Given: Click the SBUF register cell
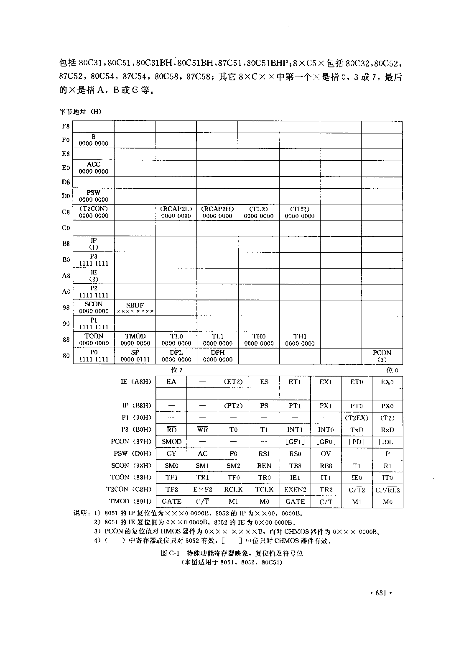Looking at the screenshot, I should click(135, 308).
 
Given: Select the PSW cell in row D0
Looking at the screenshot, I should click(94, 196).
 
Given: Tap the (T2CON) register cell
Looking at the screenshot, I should click(94, 212).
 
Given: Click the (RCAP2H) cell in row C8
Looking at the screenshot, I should click(217, 212).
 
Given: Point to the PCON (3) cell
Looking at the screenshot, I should click(382, 356).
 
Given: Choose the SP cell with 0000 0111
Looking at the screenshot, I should click(135, 356).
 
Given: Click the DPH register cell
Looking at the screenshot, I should click(217, 356).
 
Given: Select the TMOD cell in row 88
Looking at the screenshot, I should click(135, 340).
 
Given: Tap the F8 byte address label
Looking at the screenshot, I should click(66, 126).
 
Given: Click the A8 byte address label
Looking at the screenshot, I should click(66, 276).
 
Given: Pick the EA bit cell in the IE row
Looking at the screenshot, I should click(171, 382).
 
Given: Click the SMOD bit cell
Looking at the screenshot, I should click(171, 442).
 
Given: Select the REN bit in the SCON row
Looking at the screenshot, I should click(264, 466).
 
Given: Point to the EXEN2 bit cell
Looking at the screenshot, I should click(295, 489).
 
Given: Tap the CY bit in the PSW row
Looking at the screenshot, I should click(171, 454).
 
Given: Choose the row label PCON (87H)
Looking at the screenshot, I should click(131, 442).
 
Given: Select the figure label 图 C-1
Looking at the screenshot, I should click(170, 553).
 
